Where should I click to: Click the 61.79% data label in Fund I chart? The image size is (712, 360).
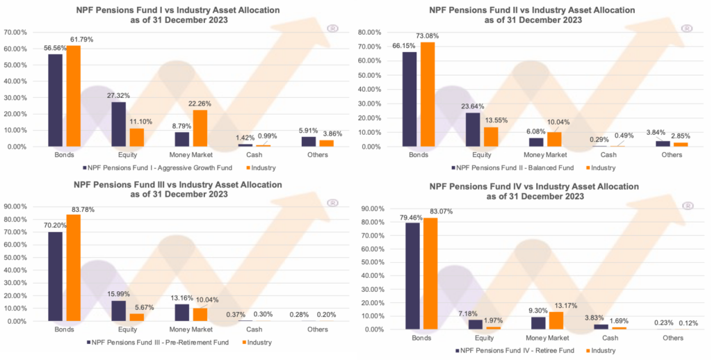[82, 40]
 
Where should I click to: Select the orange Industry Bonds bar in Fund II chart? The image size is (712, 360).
[430, 95]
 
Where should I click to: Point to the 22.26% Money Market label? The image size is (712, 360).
[200, 104]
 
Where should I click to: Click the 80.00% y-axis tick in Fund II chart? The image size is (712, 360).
[370, 32]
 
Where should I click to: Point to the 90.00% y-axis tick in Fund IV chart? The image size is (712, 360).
[369, 208]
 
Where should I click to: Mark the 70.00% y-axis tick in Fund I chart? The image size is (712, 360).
[16, 32]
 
